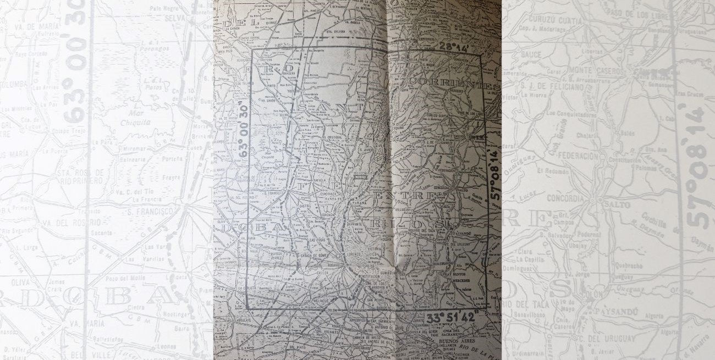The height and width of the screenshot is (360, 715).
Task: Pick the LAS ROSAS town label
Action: click(x=318, y=240)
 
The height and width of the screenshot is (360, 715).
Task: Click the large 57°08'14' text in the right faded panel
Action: click(x=698, y=165)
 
